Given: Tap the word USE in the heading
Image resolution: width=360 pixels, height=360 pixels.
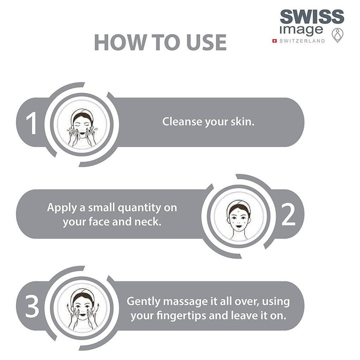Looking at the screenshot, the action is pyautogui.click(x=207, y=42).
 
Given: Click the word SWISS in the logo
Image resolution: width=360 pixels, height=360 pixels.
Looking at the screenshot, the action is pyautogui.click(x=312, y=17).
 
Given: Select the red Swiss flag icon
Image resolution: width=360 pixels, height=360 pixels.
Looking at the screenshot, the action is pyautogui.click(x=274, y=41).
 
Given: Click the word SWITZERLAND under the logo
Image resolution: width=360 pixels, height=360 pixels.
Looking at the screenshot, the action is pyautogui.click(x=302, y=41).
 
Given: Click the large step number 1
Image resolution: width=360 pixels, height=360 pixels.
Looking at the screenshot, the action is pyautogui.click(x=31, y=123).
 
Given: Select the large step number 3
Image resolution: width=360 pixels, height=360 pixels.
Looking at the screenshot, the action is pyautogui.click(x=32, y=306).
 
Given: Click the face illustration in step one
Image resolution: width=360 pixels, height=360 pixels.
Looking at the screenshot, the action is pyautogui.click(x=82, y=128).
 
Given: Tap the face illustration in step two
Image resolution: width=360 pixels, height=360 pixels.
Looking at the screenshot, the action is pyautogui.click(x=239, y=220).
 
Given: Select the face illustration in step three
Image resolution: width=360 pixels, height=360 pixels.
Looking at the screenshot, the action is pyautogui.click(x=83, y=309).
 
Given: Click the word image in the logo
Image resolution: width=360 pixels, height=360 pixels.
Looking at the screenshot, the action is pyautogui.click(x=301, y=30).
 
